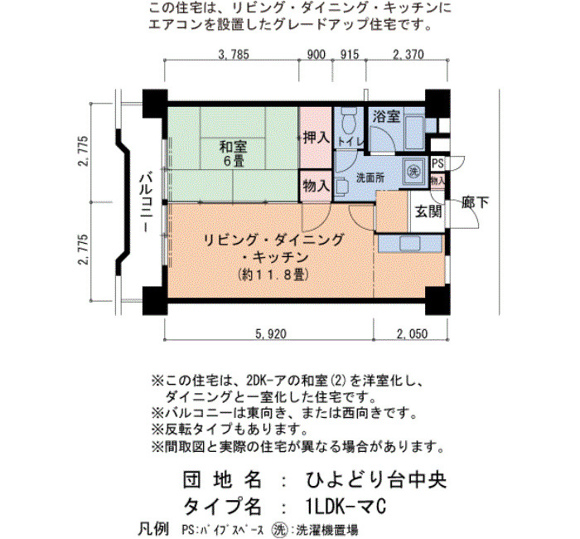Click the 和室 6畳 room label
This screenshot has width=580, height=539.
tap(233, 153)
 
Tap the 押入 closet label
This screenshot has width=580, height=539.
tap(317, 138)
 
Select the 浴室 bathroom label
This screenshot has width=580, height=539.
tap(387, 116)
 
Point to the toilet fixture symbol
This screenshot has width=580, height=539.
tap(348, 121)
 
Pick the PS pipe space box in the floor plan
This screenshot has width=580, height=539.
tap(437, 163)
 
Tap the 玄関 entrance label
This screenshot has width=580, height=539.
tap(428, 211)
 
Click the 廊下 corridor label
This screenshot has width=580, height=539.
tap(476, 202)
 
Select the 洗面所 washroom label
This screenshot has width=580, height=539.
tap(370, 178)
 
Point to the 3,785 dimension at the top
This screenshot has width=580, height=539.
tap(234, 55)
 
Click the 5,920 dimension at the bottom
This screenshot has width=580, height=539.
tap(271, 334)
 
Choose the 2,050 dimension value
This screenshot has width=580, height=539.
tap(413, 334)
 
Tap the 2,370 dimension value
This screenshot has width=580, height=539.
tap(408, 55)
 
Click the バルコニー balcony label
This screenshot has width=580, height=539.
tap(146, 202)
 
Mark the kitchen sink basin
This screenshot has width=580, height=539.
tap(410, 244)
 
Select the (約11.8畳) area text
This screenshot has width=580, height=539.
tap(273, 274)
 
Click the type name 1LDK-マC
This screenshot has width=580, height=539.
tap(346, 506)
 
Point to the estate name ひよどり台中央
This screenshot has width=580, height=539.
tap(376, 480)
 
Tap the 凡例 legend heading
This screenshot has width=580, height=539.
tap(153, 529)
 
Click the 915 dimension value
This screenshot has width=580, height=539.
tap(349, 55)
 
